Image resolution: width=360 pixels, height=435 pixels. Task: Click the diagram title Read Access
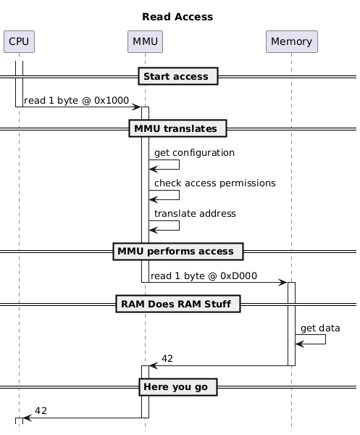pyautogui.click(x=177, y=17)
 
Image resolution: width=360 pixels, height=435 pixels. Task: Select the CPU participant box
pyautogui.click(x=19, y=41)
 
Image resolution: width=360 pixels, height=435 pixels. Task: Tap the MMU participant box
pyautogui.click(x=145, y=41)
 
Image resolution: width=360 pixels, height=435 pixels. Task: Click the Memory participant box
pyautogui.click(x=292, y=41)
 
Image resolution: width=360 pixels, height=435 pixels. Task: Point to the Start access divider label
pyautogui.click(x=178, y=76)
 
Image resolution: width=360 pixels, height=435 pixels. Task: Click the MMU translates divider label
pyautogui.click(x=177, y=128)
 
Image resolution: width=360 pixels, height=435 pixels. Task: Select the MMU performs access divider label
pyautogui.click(x=178, y=252)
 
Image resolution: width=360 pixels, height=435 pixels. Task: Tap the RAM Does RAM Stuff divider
pyautogui.click(x=178, y=304)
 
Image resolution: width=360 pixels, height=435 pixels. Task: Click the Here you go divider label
pyautogui.click(x=178, y=387)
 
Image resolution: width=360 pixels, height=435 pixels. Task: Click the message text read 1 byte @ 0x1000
pyautogui.click(x=76, y=101)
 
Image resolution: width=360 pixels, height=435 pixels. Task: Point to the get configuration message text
pyautogui.click(x=194, y=153)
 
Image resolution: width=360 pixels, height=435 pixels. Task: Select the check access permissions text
pyautogui.click(x=215, y=183)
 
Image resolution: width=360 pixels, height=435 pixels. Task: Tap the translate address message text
pyautogui.click(x=195, y=214)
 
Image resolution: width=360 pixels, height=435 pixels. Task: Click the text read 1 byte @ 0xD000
pyautogui.click(x=204, y=276)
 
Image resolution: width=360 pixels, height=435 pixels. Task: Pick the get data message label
pyautogui.click(x=320, y=328)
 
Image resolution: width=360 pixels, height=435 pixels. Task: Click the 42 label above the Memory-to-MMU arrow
pyautogui.click(x=167, y=359)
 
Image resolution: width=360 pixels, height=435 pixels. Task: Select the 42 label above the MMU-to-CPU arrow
pyautogui.click(x=41, y=411)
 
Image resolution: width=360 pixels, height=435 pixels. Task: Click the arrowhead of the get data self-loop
pyautogui.click(x=300, y=344)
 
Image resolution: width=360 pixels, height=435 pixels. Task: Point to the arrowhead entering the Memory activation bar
pyautogui.click(x=283, y=283)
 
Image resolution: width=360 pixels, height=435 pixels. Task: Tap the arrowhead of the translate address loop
pyautogui.click(x=154, y=230)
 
